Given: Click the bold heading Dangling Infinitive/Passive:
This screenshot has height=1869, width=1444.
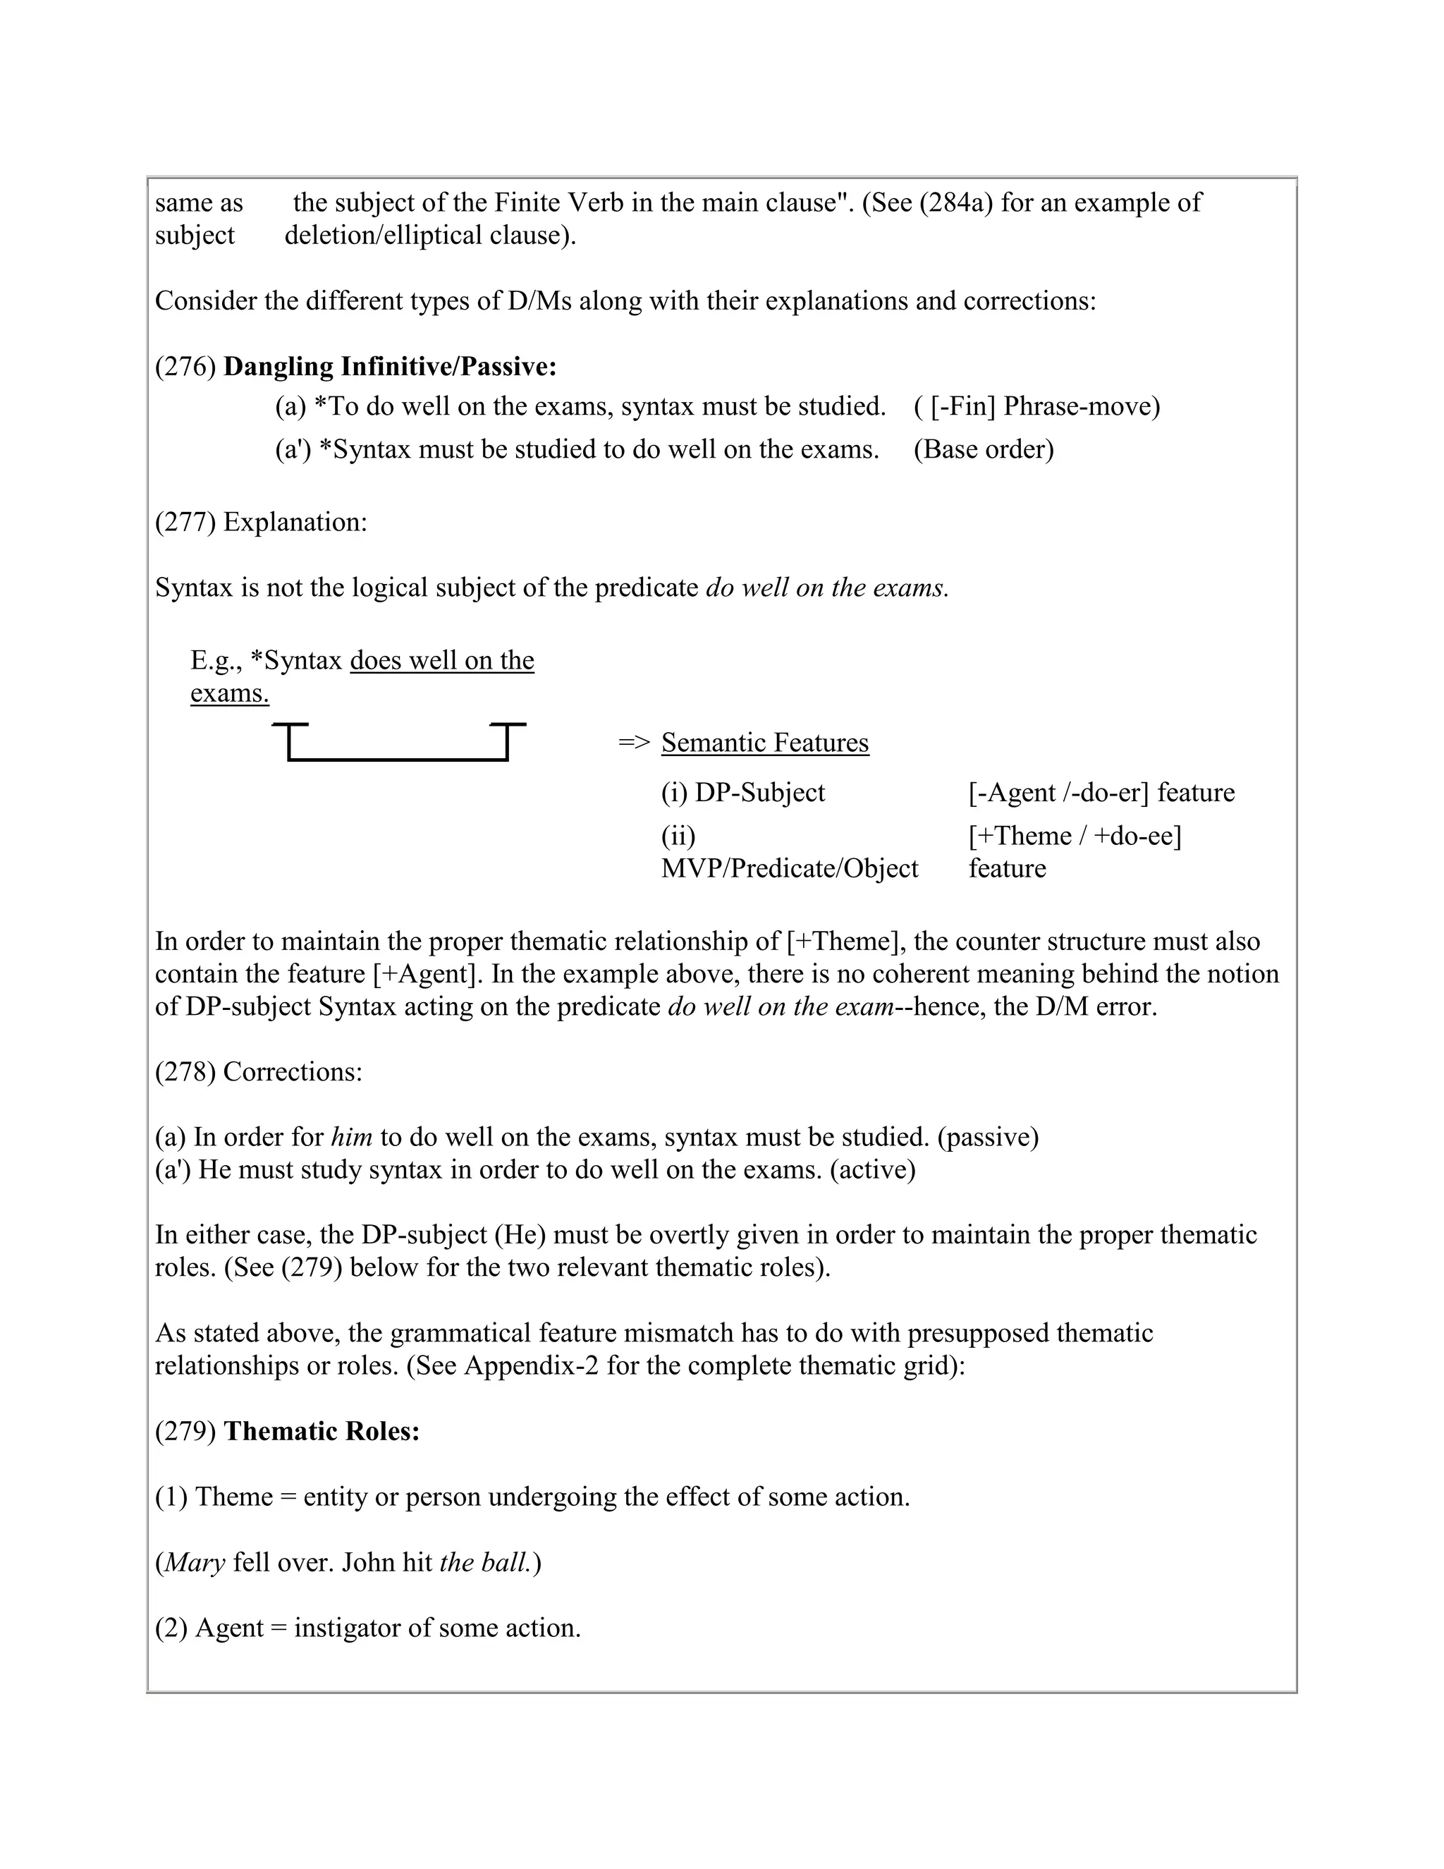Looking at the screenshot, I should [x=390, y=367].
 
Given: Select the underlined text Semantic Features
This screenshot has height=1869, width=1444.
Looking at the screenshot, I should [x=765, y=743].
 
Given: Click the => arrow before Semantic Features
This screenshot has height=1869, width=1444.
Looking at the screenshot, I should [x=634, y=743].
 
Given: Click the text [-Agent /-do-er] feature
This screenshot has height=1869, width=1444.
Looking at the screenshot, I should [x=1101, y=793].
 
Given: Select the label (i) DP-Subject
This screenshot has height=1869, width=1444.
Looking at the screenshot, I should [x=742, y=793].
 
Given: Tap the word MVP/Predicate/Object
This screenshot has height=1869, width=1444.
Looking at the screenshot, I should [x=789, y=869].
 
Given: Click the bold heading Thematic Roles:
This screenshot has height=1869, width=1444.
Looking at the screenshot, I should [x=322, y=1432].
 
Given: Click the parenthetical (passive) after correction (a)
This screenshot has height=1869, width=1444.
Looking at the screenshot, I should [x=988, y=1138].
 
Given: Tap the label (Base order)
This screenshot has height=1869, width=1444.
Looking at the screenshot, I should [x=984, y=449].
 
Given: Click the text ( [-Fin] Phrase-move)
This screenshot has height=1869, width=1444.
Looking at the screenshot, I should [x=1036, y=406].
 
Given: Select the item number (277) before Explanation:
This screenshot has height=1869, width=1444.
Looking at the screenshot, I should [x=185, y=522].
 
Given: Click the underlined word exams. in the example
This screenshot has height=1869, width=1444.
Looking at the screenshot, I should [x=229, y=693].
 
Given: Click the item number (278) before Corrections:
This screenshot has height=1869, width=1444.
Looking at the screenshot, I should [x=185, y=1072].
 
